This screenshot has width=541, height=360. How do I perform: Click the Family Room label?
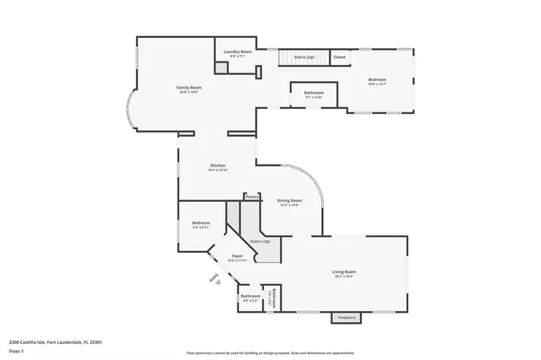(189, 88)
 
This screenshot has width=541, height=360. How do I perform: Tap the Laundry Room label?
(238, 52)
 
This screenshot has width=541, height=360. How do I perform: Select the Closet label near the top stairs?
(339, 57)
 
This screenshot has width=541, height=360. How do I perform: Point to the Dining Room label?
(289, 200)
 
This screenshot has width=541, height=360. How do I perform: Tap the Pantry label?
(252, 197)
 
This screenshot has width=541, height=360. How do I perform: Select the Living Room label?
(344, 272)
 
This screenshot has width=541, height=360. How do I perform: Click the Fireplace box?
(347, 318)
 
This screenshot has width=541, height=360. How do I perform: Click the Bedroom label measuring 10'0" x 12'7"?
(376, 81)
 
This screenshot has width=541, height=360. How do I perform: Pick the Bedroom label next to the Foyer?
(201, 223)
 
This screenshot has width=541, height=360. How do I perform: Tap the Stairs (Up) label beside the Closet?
(304, 57)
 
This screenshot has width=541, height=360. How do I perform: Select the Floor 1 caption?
(16, 350)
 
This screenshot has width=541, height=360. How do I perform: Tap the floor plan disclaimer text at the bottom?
(270, 353)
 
